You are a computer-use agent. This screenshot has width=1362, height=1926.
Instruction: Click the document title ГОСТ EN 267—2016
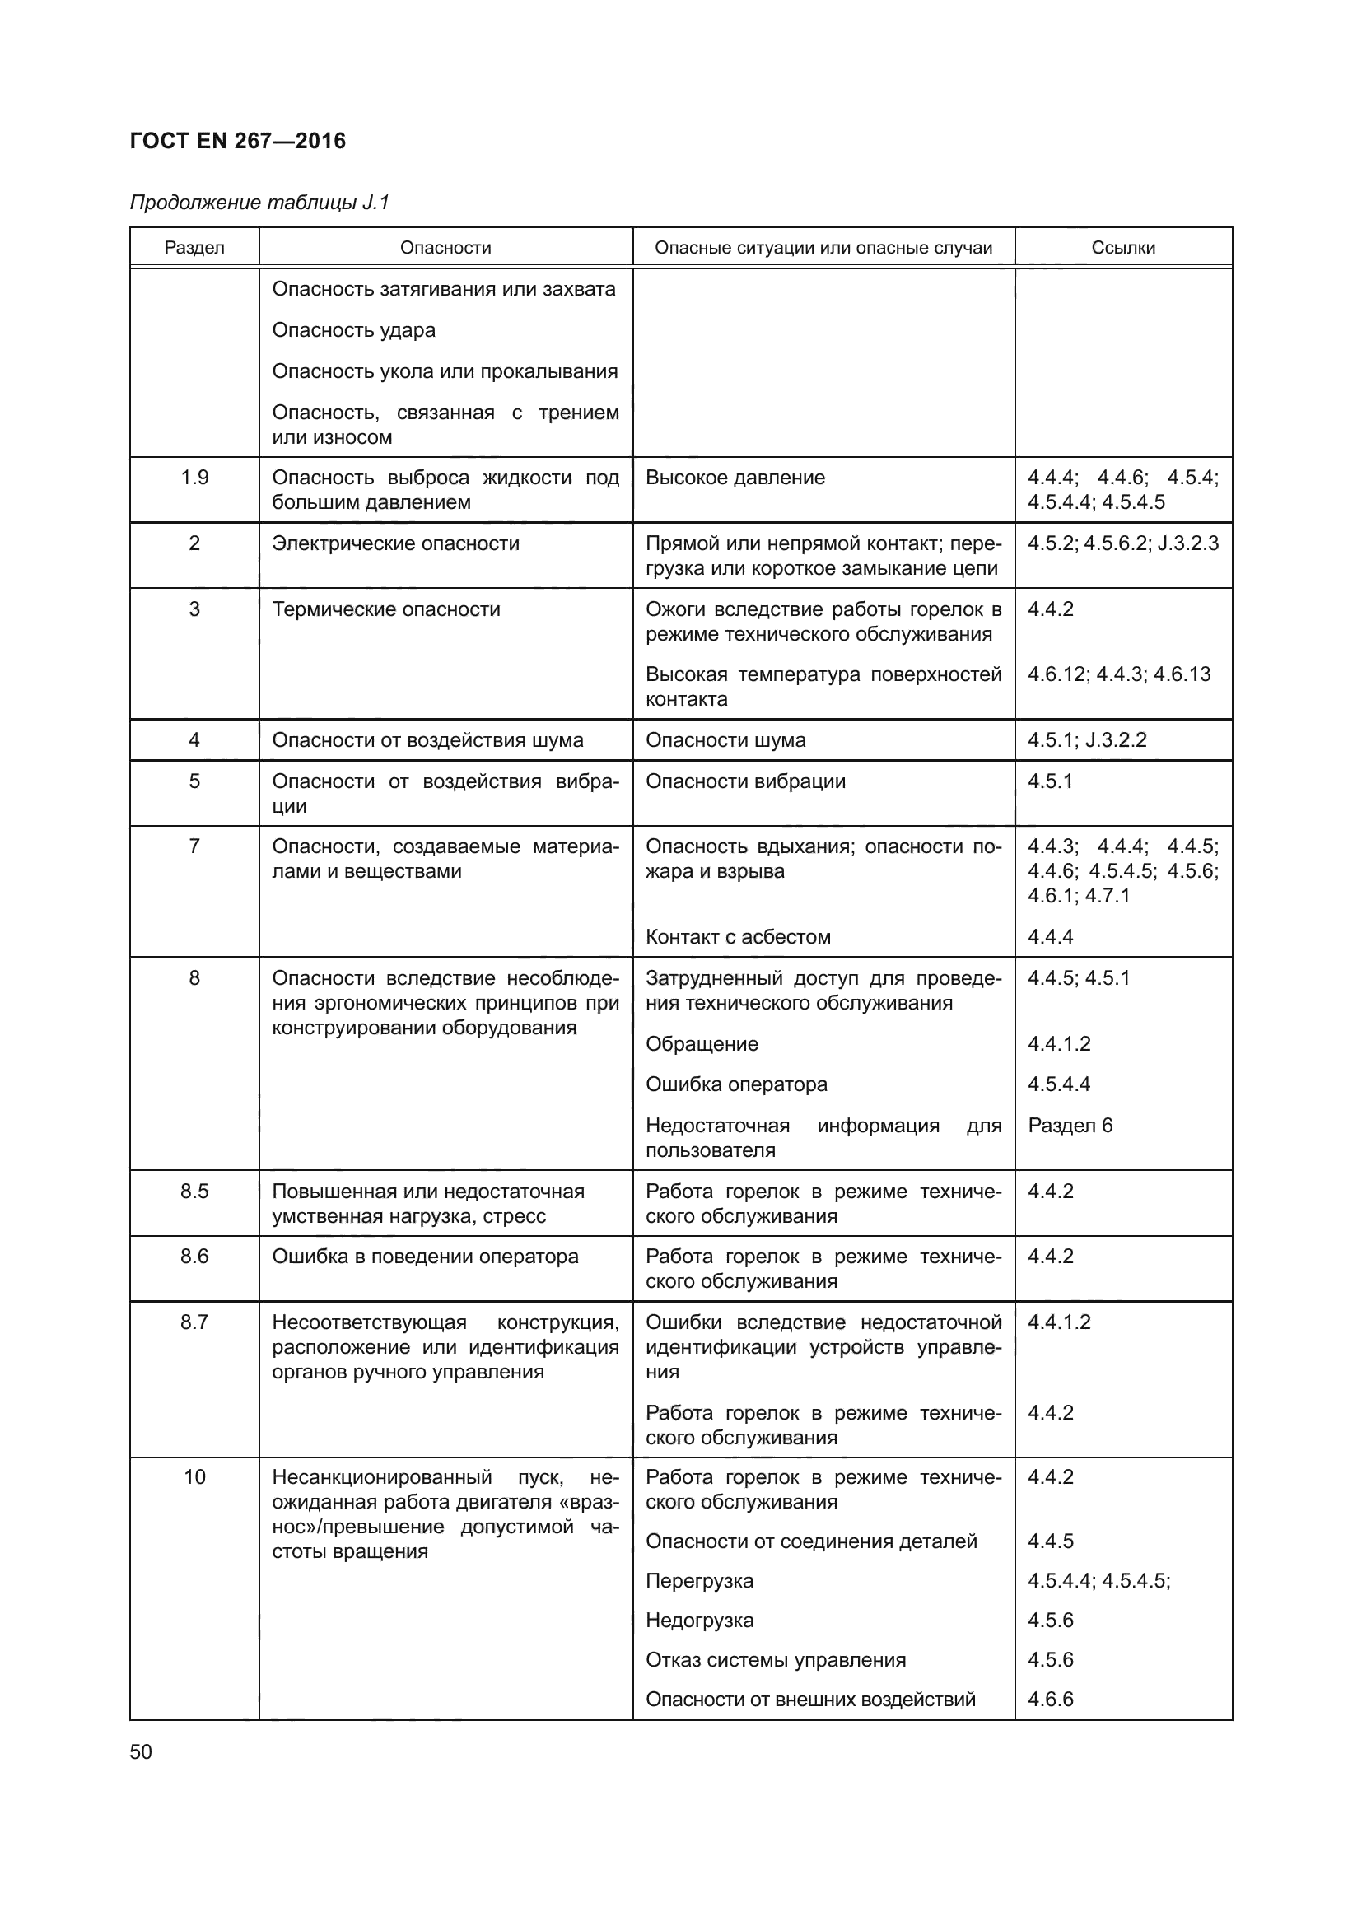coord(237,141)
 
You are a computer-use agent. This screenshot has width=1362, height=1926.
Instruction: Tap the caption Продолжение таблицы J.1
coord(259,203)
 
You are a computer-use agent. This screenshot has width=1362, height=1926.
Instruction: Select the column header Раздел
coord(194,249)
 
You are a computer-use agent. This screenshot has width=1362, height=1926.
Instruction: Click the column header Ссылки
coord(1123,249)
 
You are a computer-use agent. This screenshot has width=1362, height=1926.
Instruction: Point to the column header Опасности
coord(445,249)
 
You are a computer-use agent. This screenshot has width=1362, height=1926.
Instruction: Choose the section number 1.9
coord(194,478)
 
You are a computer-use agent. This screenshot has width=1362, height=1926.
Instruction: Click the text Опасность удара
coord(353,330)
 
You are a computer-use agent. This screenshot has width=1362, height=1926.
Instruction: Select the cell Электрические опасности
coord(395,543)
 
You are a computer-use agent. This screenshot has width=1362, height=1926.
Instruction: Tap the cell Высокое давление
coord(735,478)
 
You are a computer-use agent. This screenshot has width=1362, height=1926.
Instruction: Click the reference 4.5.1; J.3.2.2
coord(1087,741)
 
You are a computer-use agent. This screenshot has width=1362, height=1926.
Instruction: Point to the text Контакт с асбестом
coord(737,937)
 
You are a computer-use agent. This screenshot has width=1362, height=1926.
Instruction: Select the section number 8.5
coord(194,1192)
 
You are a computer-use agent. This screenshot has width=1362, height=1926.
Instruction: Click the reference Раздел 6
coord(1070,1126)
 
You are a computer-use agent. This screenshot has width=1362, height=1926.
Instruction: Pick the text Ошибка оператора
coord(735,1084)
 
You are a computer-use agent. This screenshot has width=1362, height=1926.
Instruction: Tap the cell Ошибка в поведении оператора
coord(424,1257)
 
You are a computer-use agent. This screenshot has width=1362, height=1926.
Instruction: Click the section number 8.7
coord(194,1323)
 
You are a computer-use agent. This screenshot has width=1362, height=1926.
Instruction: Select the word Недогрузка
coord(698,1621)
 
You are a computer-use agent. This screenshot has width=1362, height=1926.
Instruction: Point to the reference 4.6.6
coord(1050,1700)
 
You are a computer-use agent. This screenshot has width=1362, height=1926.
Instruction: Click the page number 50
coord(141,1752)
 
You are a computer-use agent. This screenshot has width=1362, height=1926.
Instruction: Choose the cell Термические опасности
coord(385,610)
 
